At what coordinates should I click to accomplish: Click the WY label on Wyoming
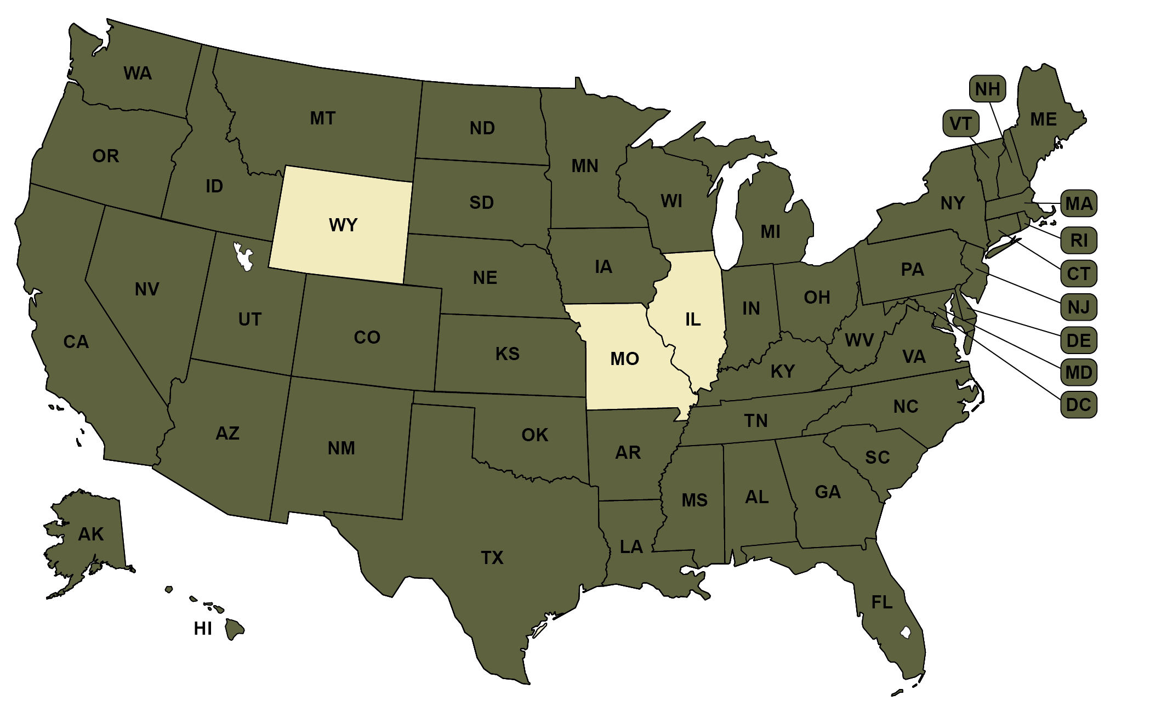(x=343, y=225)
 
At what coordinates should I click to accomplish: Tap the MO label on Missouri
(x=624, y=358)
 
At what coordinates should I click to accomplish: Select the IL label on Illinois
(x=693, y=319)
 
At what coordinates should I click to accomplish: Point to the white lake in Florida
(x=906, y=633)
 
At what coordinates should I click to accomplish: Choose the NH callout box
(x=987, y=89)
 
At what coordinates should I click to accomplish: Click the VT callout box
(x=960, y=123)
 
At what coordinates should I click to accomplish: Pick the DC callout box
(x=1078, y=405)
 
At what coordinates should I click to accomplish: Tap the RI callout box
(x=1079, y=240)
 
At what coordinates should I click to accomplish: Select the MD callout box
(x=1078, y=373)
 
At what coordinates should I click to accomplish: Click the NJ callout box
(x=1078, y=307)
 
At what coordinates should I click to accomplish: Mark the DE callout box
(x=1078, y=340)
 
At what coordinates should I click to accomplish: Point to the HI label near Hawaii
(x=203, y=629)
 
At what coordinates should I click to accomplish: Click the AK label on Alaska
(x=91, y=534)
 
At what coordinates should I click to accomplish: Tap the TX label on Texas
(x=492, y=558)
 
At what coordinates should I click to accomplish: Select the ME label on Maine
(x=1043, y=119)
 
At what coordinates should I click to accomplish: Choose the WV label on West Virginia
(x=859, y=340)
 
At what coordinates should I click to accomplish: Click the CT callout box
(x=1078, y=274)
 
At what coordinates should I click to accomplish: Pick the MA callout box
(x=1078, y=204)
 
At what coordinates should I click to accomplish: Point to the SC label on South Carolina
(x=877, y=457)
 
